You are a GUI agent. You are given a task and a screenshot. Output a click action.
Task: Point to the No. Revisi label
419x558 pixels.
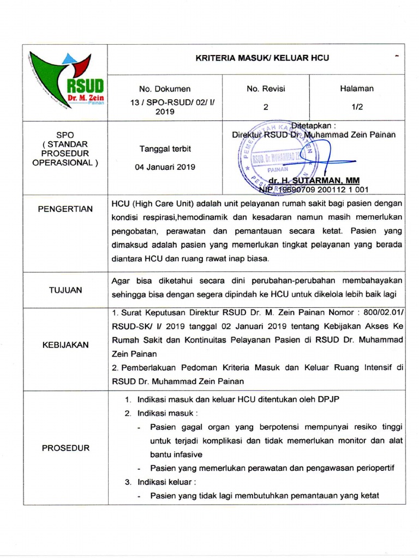(x=266, y=89)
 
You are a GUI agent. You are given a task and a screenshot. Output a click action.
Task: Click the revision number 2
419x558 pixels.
(x=266, y=107)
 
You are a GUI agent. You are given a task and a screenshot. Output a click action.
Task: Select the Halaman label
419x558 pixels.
(x=357, y=89)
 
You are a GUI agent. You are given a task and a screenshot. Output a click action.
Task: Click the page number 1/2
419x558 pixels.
(x=357, y=107)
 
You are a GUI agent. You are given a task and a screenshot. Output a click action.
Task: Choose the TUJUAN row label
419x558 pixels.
(x=65, y=290)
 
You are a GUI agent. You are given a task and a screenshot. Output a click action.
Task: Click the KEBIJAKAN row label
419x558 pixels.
(x=65, y=345)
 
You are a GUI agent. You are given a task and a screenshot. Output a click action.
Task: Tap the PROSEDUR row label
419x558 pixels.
(x=65, y=448)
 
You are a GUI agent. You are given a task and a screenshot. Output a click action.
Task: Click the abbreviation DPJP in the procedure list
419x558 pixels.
(x=325, y=399)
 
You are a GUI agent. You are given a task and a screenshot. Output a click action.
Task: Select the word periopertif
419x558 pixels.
(x=371, y=468)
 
